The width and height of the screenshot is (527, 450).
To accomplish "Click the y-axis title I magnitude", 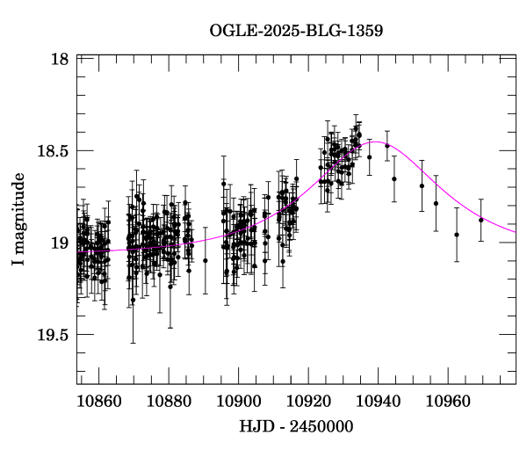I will (19, 219).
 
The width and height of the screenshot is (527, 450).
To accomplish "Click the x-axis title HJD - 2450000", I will (296, 426).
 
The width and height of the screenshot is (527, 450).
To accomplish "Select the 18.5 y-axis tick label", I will (54, 150).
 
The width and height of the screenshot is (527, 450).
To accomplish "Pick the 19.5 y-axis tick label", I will (54, 334).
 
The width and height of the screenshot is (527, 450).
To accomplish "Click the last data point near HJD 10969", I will (481, 220).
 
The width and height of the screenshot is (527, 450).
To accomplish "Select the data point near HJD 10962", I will (457, 235).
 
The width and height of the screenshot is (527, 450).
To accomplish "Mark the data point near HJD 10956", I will (436, 203).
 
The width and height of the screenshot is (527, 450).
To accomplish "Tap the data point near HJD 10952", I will (422, 185).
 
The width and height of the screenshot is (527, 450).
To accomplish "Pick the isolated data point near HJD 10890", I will (205, 260).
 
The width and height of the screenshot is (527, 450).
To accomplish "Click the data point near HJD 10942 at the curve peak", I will (387, 146).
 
